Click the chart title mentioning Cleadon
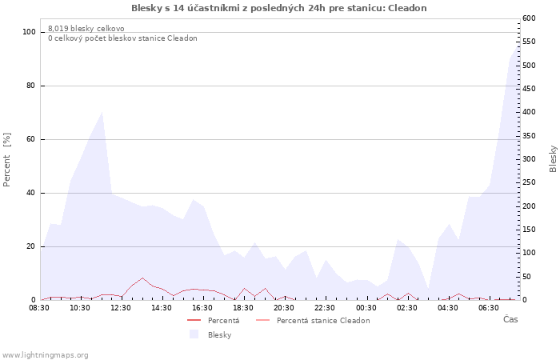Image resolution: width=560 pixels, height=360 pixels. [x=279, y=8]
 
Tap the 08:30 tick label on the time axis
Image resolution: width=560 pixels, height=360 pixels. [x=39, y=308]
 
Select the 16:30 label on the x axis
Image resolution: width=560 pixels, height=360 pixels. [x=202, y=308]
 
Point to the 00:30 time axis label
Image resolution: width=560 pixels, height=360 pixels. [x=366, y=308]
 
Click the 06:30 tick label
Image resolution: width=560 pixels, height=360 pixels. [x=489, y=308]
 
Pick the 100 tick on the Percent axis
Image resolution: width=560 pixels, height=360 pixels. [x=29, y=32]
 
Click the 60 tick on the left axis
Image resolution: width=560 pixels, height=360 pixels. [x=31, y=139]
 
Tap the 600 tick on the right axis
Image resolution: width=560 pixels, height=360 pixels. [x=529, y=18]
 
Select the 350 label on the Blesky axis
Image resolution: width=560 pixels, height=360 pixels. [x=529, y=136]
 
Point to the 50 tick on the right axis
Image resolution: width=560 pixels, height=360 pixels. [x=526, y=277]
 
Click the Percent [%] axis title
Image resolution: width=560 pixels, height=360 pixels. [x=6, y=160]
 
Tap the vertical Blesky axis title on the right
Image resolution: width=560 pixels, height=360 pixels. [x=553, y=159]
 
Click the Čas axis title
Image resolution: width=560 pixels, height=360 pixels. [x=510, y=319]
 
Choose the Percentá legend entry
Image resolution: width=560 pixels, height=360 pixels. [x=223, y=321]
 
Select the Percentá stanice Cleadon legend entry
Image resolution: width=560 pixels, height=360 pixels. [x=323, y=321]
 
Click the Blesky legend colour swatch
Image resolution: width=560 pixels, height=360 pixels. [x=194, y=334]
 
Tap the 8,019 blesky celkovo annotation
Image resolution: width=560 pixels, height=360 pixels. [x=86, y=29]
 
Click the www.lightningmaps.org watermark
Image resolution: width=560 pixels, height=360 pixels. [x=45, y=355]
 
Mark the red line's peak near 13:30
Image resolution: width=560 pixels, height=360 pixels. [x=142, y=278]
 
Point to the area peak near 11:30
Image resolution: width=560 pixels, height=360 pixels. [x=102, y=112]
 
